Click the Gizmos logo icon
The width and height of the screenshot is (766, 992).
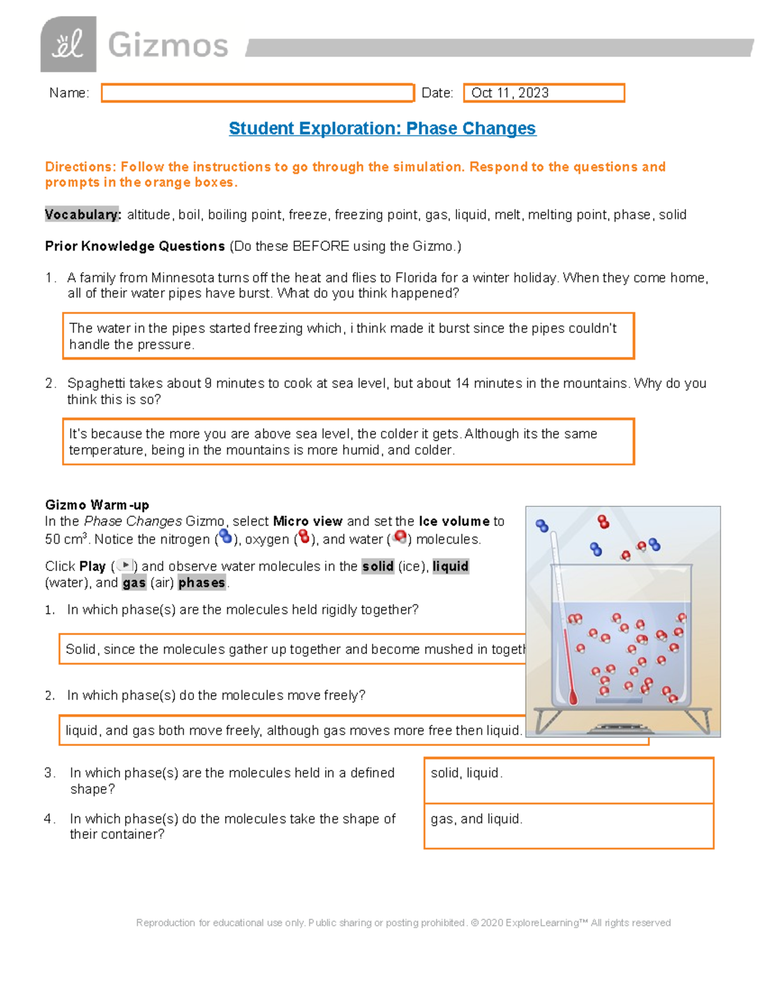tap(68, 44)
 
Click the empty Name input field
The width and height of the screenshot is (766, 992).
tap(257, 93)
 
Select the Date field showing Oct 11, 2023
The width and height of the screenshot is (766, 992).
tap(543, 93)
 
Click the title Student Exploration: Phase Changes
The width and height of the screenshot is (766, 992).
tap(382, 128)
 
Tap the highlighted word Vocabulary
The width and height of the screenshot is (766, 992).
tap(82, 215)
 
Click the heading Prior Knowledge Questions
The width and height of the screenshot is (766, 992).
tap(135, 246)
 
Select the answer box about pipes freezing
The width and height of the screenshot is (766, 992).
tap(348, 336)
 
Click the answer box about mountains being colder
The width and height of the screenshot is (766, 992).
tap(348, 441)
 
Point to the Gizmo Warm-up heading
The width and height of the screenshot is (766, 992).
tap(97, 505)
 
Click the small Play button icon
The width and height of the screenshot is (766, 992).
tap(126, 565)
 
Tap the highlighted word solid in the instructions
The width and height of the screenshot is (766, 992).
tap(377, 566)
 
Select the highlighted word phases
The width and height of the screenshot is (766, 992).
tap(202, 583)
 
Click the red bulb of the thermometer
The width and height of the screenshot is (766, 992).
tap(573, 698)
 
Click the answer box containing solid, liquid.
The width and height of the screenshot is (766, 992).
tap(568, 780)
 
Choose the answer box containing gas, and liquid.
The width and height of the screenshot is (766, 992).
tap(568, 825)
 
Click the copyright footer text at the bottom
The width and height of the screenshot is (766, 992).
tap(403, 922)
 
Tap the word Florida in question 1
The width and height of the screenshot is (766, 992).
tap(416, 278)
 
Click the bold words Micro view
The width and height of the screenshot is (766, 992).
tap(308, 521)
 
